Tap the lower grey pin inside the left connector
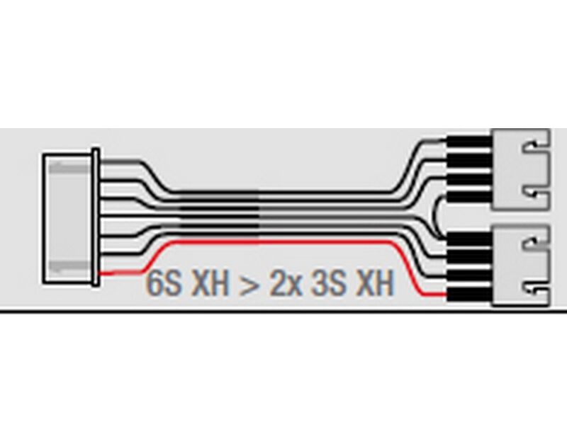pyautogui.click(x=69, y=267)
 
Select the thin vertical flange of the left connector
pyautogui.click(x=96, y=217)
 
